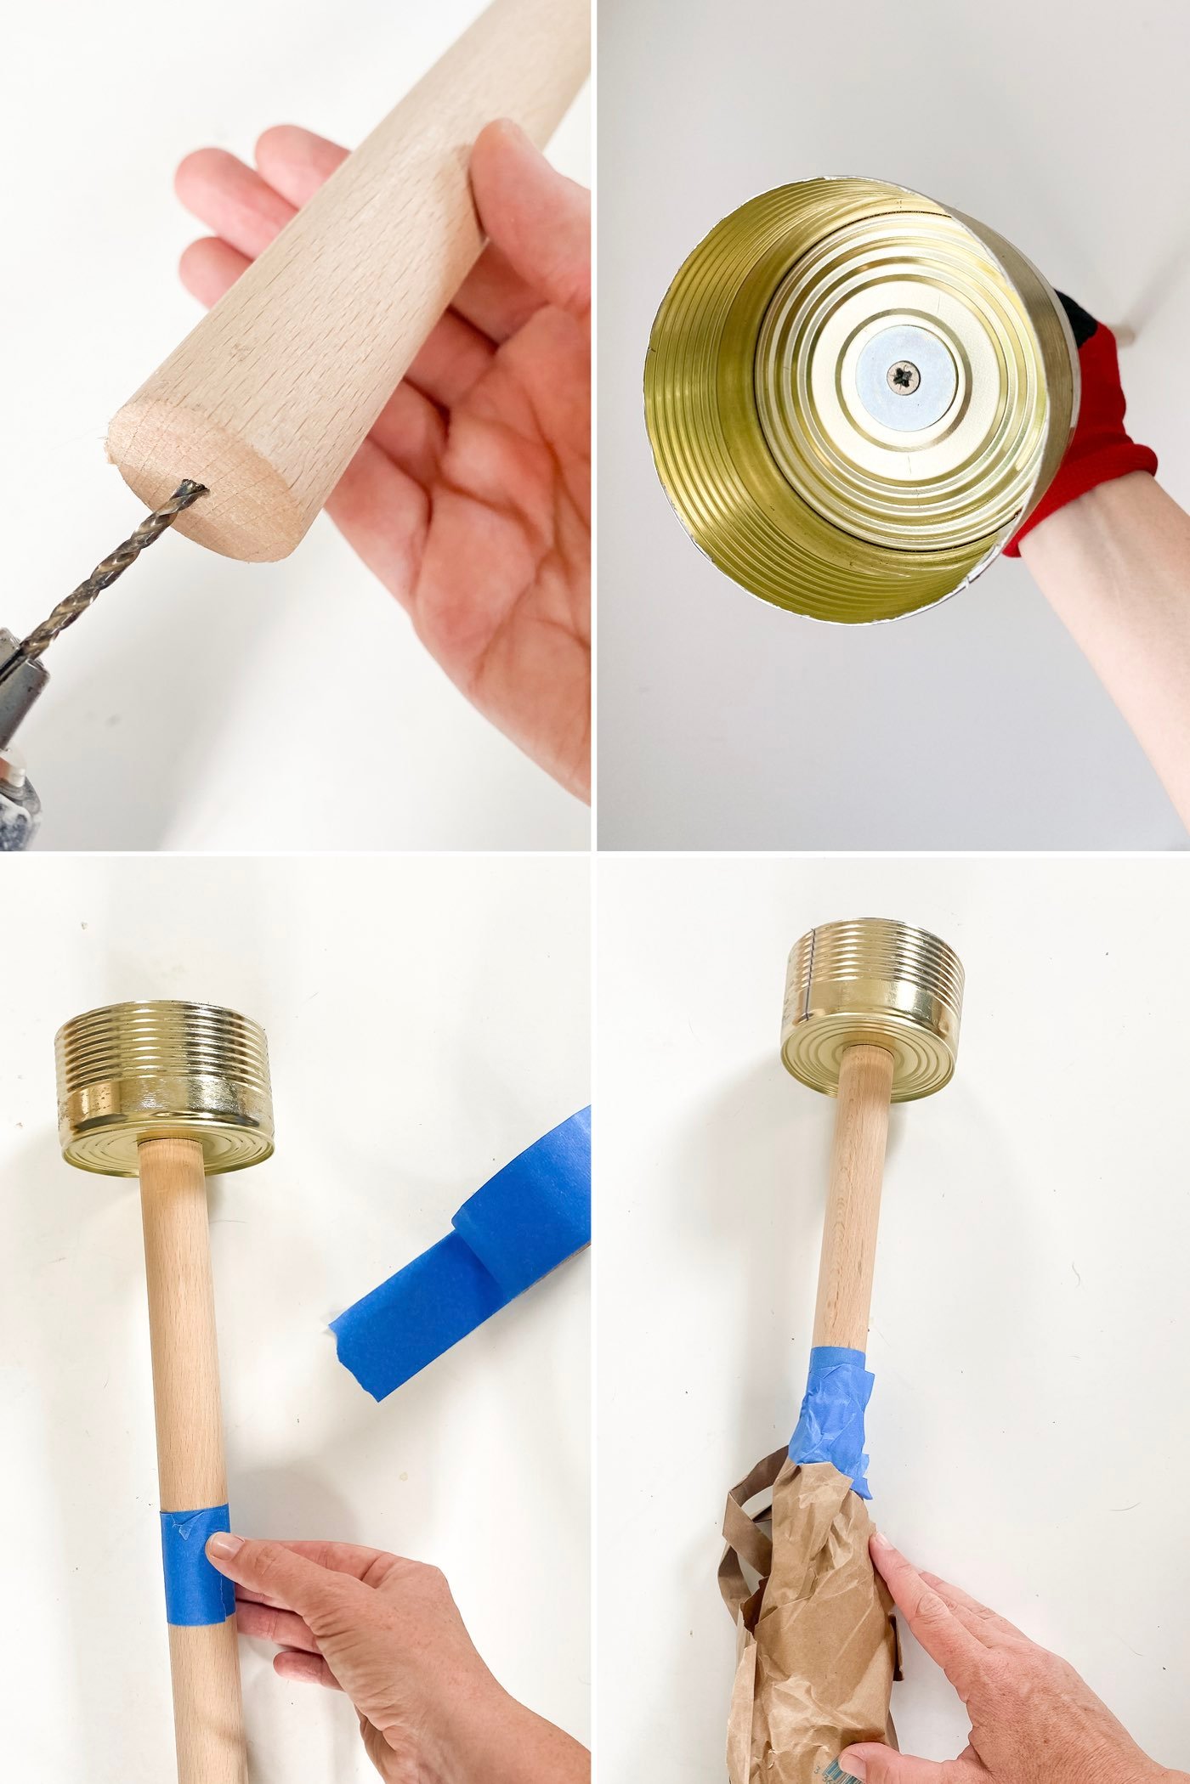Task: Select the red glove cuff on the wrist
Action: click(x=1096, y=459)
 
